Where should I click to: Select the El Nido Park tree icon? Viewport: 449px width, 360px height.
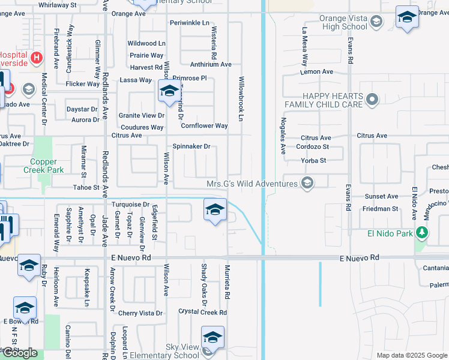point(423,233)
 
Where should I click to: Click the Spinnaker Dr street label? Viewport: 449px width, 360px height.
point(191,146)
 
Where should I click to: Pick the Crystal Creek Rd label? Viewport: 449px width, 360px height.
point(203,312)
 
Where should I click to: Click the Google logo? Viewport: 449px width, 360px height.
point(20,353)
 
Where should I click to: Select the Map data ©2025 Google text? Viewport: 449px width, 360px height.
point(411,355)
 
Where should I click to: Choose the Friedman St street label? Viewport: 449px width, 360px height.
point(380,209)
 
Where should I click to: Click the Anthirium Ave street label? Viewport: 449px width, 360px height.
point(211,64)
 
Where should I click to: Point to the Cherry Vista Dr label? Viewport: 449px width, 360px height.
point(140,313)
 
